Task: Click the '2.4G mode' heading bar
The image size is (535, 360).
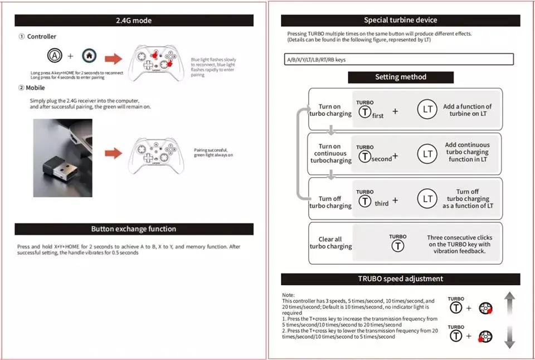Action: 134,21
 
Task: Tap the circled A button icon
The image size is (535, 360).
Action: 55,56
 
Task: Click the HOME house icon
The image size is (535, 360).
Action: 89,56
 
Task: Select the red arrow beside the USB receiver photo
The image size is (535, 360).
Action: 113,152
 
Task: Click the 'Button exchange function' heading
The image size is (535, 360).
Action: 134,229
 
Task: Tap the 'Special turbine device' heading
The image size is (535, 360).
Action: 400,21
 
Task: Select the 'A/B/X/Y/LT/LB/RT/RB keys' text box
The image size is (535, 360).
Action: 398,60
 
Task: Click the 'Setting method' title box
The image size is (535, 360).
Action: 400,77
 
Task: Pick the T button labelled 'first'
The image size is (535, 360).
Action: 365,112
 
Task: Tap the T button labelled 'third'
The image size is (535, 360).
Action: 365,201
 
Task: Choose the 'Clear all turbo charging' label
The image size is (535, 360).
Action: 330,243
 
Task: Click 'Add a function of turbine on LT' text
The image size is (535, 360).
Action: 467,110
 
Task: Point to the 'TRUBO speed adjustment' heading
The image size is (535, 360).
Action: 400,279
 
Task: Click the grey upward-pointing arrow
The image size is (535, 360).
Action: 509,305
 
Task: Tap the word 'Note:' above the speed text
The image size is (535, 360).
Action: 288,295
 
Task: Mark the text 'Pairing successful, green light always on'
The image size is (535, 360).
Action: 213,153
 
